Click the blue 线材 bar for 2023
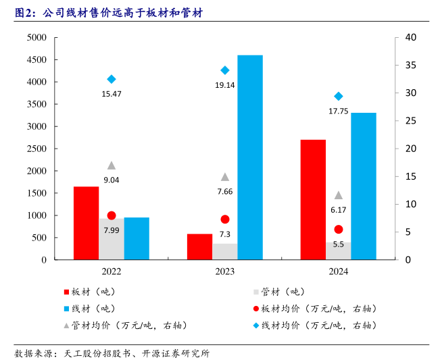click(x=250, y=157)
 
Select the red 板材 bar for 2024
click(x=313, y=199)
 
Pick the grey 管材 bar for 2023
click(x=225, y=251)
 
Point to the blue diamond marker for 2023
click(x=225, y=70)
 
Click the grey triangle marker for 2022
click(x=112, y=165)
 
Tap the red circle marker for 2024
click(x=339, y=230)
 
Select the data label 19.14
click(x=225, y=85)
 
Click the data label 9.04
click(x=112, y=180)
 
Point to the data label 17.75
click(x=338, y=111)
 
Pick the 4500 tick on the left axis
click(x=36, y=60)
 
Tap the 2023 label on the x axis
click(x=225, y=272)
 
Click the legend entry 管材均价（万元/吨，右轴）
click(x=124, y=326)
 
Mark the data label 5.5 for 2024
click(x=339, y=245)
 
